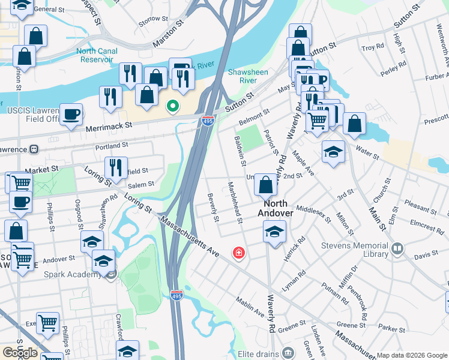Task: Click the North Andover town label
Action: pyautogui.click(x=276, y=208)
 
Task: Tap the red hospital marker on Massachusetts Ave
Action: pyautogui.click(x=239, y=253)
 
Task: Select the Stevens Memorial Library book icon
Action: pyautogui.click(x=397, y=248)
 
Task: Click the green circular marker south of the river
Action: pyautogui.click(x=173, y=107)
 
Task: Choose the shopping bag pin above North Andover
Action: pyautogui.click(x=265, y=185)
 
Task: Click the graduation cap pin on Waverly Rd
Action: pyautogui.click(x=274, y=231)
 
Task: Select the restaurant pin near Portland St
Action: pyautogui.click(x=116, y=168)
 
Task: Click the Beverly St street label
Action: pyautogui.click(x=211, y=206)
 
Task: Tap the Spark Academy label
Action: pyautogui.click(x=72, y=275)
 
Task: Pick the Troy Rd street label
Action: pyautogui.click(x=372, y=47)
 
